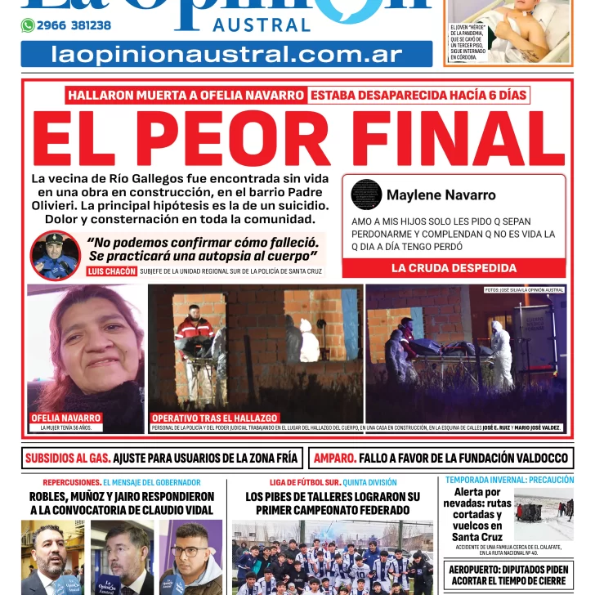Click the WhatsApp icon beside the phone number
coord(28,25)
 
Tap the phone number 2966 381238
coord(74,25)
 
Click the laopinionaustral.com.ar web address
coord(226,55)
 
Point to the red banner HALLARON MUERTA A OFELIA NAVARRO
coord(186,95)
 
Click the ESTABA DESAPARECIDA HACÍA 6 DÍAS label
coord(418,95)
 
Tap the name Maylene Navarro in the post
coord(441,195)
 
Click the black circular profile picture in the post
coord(366,195)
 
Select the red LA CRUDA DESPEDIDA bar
coord(454,268)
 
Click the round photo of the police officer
coord(55,256)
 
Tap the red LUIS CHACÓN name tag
coord(111,271)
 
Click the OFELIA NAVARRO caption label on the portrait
coord(65,418)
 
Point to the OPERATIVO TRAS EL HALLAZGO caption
coord(215,418)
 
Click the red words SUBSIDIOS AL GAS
coord(67,459)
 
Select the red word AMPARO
coord(333,459)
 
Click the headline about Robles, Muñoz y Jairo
coord(122,503)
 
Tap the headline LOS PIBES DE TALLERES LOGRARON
coord(333,503)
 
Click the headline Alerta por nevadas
coord(477,515)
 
